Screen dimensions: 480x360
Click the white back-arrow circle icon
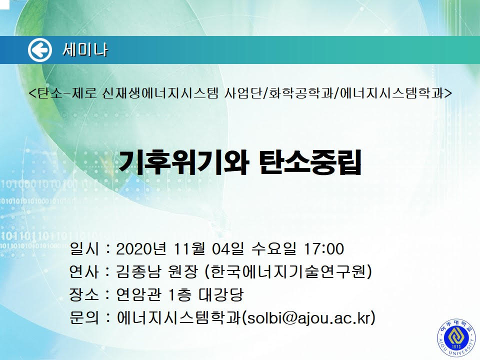40,49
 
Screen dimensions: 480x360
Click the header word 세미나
85,49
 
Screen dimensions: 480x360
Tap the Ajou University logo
456,339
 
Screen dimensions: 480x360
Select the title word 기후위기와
183,162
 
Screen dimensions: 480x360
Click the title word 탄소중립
310,162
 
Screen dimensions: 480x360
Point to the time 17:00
323,249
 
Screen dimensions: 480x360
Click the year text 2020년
141,249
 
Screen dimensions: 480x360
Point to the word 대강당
221,294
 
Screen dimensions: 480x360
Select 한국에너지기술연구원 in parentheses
288,271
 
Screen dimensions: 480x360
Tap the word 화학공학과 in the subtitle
300,93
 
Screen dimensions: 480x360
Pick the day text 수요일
273,249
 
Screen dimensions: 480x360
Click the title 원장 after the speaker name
183,271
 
